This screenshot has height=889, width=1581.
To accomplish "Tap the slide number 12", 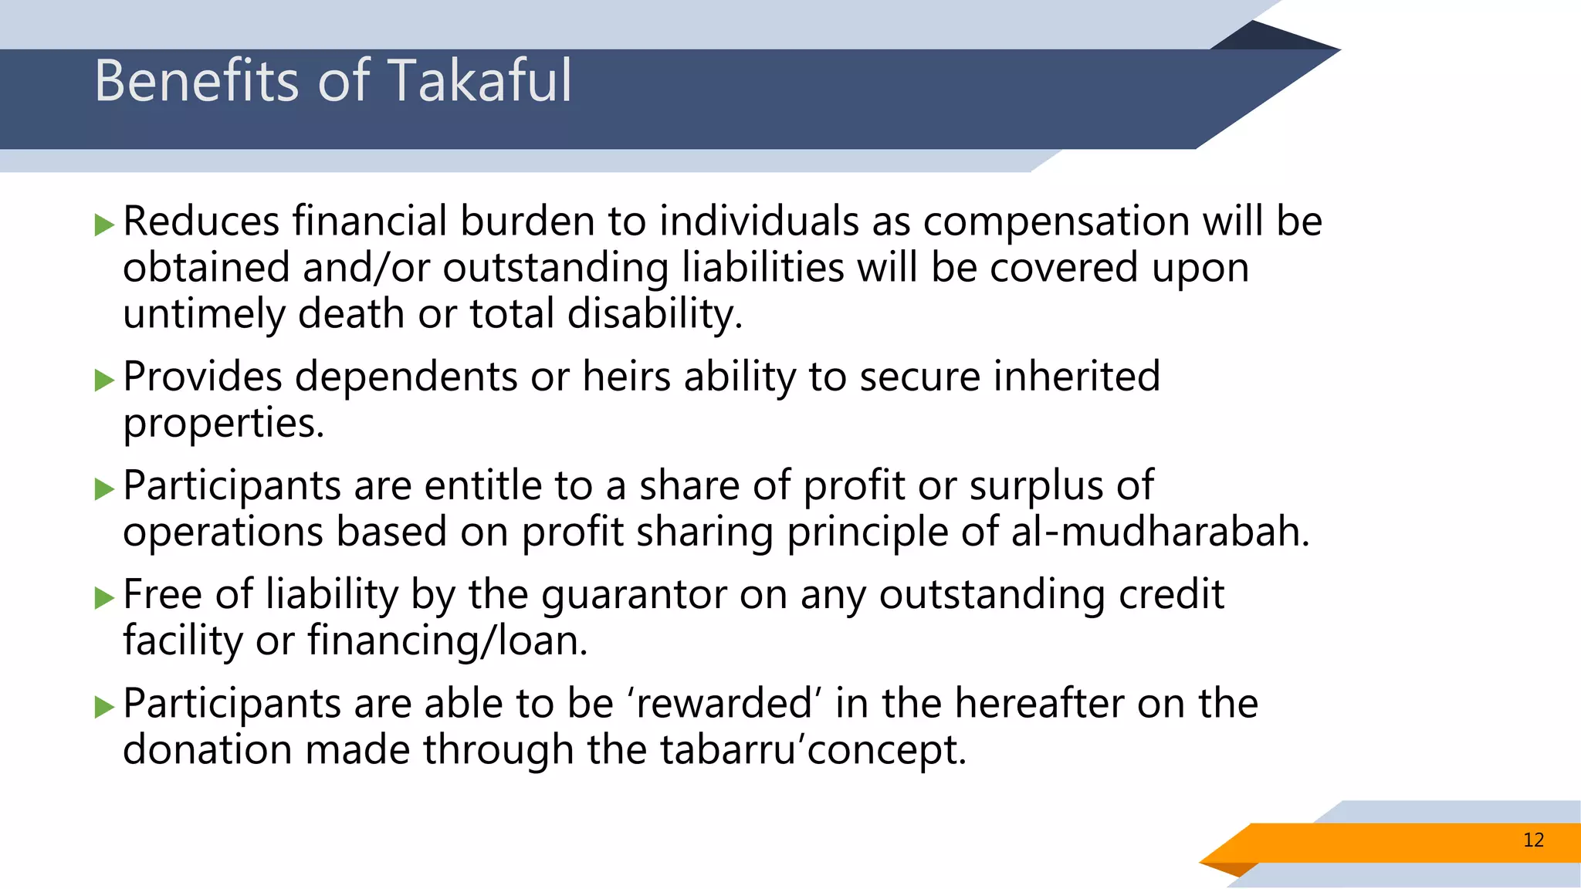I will click(x=1533, y=840).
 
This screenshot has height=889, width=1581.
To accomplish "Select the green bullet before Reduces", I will click(x=104, y=225).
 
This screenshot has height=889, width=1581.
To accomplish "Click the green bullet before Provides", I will click(x=104, y=380).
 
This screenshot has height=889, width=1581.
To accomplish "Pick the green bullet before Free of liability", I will click(x=104, y=598).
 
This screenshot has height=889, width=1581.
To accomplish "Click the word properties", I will click(x=223, y=424).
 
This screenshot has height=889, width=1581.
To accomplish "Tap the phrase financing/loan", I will click(x=448, y=642).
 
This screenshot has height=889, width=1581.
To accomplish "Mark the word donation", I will click(x=207, y=750).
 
